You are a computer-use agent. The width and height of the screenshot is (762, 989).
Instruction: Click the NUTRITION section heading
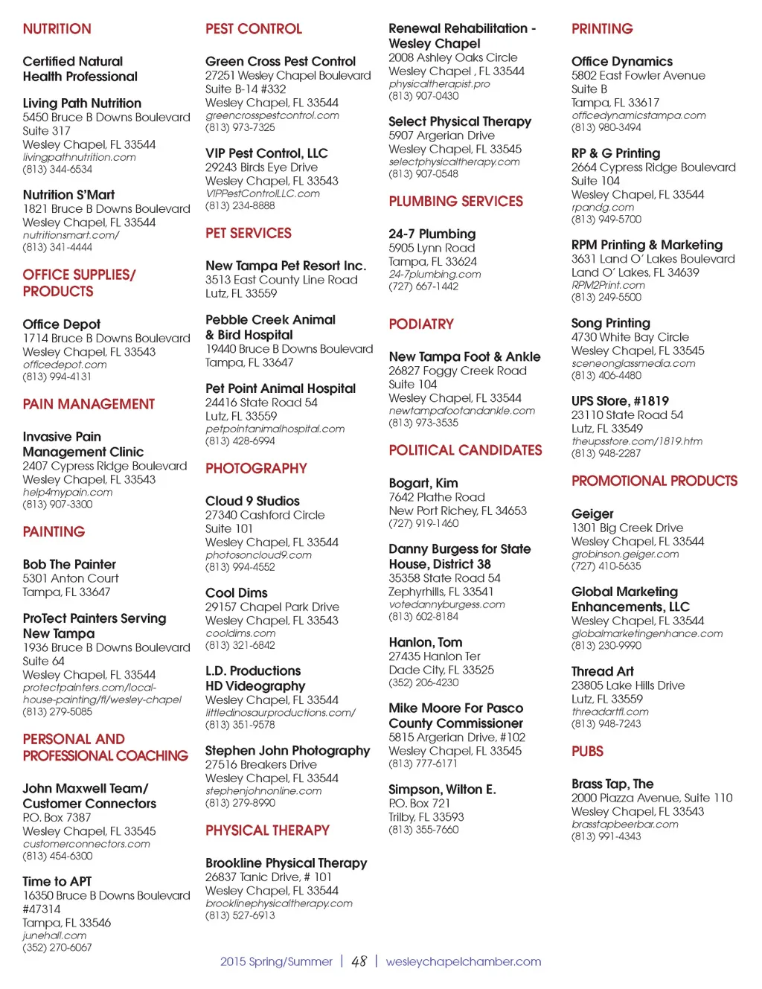pyautogui.click(x=57, y=29)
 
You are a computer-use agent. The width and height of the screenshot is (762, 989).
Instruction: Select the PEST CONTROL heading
pyautogui.click(x=253, y=29)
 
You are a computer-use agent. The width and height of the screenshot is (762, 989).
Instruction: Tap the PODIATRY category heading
pyautogui.click(x=420, y=324)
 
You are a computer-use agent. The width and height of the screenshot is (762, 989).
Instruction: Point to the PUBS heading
pyautogui.click(x=587, y=752)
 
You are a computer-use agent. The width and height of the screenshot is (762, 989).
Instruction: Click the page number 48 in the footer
pyautogui.click(x=359, y=961)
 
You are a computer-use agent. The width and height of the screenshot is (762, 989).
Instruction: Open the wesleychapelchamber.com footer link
pyautogui.click(x=463, y=961)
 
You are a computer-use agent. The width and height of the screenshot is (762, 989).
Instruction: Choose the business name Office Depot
pyautogui.click(x=61, y=324)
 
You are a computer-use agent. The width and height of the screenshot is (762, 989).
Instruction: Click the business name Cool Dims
pyautogui.click(x=236, y=593)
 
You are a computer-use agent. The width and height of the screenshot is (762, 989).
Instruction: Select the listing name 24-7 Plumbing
pyautogui.click(x=432, y=234)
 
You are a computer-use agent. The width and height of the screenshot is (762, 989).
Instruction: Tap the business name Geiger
pyautogui.click(x=592, y=514)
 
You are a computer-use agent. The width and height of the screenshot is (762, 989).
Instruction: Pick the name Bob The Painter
pyautogui.click(x=69, y=565)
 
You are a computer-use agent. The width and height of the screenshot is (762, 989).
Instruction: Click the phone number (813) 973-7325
pyautogui.click(x=240, y=127)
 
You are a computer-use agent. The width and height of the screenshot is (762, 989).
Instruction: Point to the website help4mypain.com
pyautogui.click(x=67, y=492)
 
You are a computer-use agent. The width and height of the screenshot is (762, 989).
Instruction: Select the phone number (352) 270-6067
pyautogui.click(x=57, y=947)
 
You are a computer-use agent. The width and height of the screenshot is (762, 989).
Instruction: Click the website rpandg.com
pyautogui.click(x=602, y=207)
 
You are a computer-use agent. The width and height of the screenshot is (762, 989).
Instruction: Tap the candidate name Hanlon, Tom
pyautogui.click(x=425, y=642)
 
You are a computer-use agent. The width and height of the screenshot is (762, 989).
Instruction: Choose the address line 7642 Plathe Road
pyautogui.click(x=436, y=497)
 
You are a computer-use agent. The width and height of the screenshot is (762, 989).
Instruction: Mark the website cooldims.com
pyautogui.click(x=240, y=633)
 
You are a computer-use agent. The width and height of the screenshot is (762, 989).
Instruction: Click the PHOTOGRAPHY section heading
pyautogui.click(x=256, y=469)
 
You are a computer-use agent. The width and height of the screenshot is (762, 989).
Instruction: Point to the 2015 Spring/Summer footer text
pyautogui.click(x=275, y=961)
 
